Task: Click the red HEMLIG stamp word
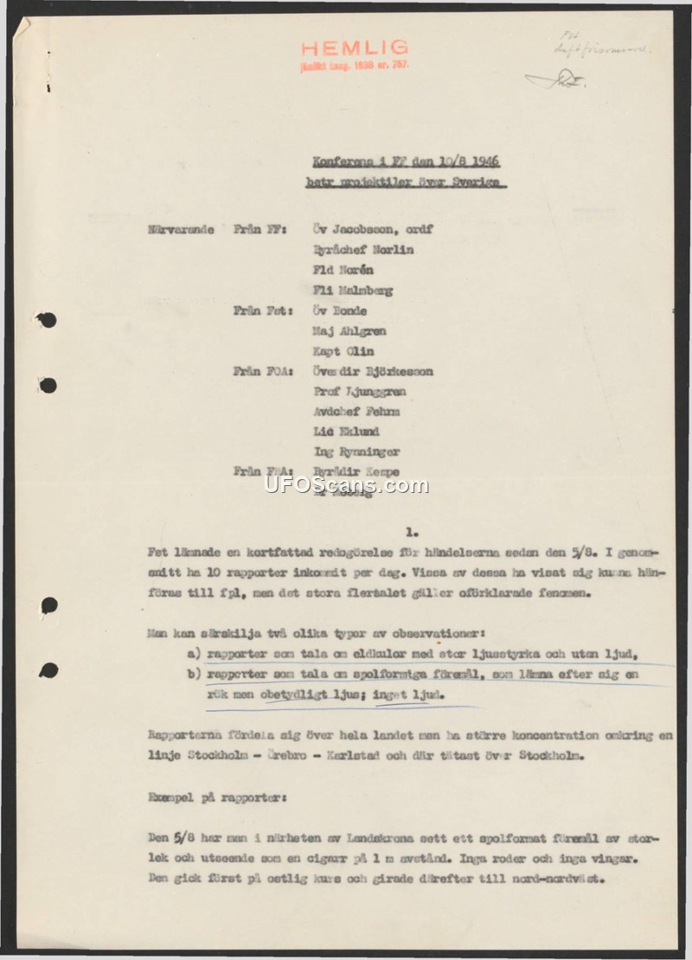tap(355, 49)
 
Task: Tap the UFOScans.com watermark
tap(346, 485)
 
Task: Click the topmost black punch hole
tap(48, 321)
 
